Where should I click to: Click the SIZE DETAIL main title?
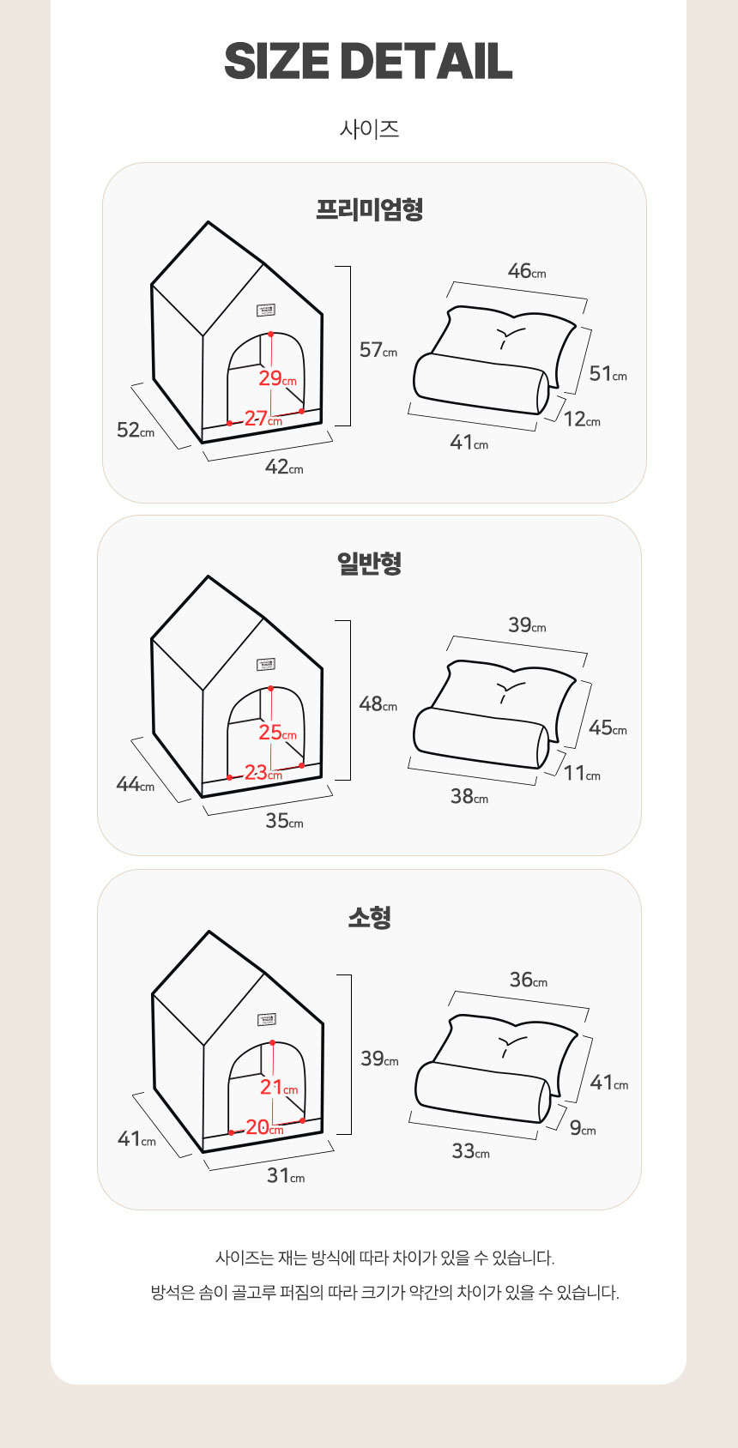(x=368, y=61)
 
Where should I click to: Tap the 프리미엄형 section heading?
(x=369, y=209)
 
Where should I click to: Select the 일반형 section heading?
(x=369, y=564)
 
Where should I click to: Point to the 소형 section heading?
(x=369, y=918)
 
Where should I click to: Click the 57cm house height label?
(x=378, y=350)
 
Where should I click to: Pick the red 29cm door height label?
(x=277, y=378)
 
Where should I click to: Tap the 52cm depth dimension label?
(x=135, y=430)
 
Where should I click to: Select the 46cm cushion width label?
(x=526, y=271)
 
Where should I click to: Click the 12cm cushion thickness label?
(x=582, y=419)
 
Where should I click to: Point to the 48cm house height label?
(x=378, y=704)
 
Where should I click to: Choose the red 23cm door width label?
(x=263, y=773)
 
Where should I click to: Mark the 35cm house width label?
(x=284, y=821)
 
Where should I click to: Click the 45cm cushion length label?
(x=608, y=727)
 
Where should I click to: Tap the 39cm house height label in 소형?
(x=379, y=1059)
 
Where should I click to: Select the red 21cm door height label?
(x=278, y=1087)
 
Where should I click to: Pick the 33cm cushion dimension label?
(x=470, y=1151)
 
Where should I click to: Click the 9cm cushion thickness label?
(x=583, y=1128)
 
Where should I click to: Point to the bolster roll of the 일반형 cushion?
(x=481, y=737)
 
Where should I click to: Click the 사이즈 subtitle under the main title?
(x=369, y=130)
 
